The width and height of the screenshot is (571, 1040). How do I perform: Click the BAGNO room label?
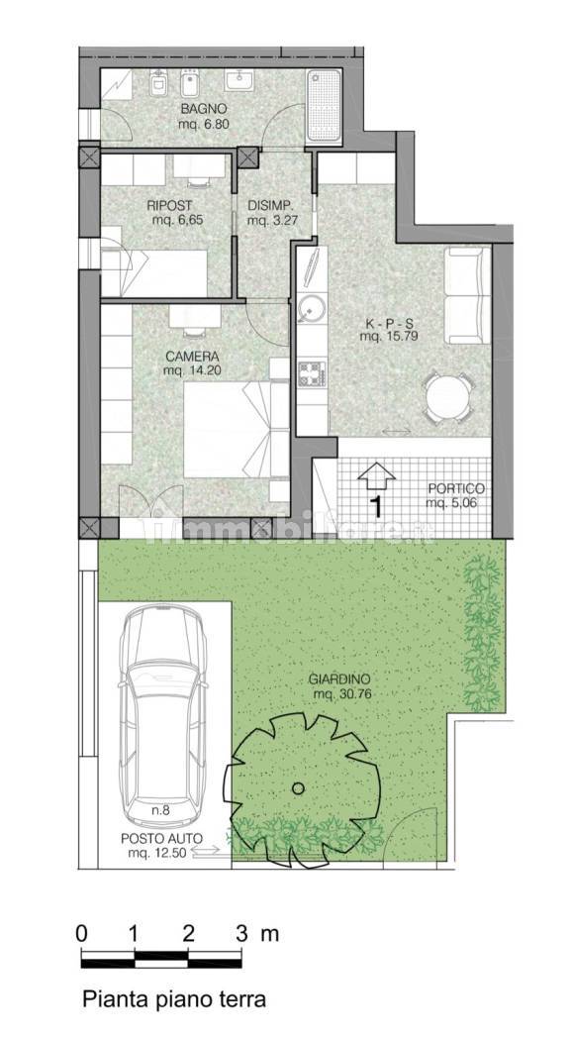(x=205, y=109)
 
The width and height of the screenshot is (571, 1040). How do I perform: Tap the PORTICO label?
(x=456, y=489)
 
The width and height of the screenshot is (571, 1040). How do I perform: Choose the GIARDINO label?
(x=338, y=679)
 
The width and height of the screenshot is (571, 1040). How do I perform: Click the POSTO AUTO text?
(x=161, y=838)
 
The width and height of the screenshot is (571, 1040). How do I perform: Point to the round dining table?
(x=447, y=397)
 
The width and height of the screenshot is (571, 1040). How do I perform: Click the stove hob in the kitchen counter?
(x=310, y=374)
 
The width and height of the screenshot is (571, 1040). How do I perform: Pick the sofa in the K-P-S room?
(x=467, y=296)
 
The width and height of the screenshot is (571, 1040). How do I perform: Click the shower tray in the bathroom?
(x=324, y=105)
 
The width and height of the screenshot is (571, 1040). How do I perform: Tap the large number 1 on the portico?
(x=376, y=507)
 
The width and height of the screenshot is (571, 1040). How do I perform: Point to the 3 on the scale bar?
(x=242, y=934)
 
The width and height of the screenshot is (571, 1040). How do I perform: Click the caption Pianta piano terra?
(x=173, y=999)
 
